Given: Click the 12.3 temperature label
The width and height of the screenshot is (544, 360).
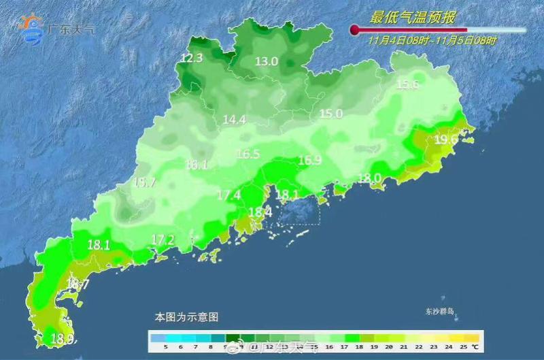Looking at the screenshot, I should pyautogui.click(x=192, y=59).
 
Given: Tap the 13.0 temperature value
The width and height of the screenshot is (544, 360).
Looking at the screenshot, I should pyautogui.click(x=267, y=61).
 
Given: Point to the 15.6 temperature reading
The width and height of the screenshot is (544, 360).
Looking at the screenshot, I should pyautogui.click(x=407, y=84).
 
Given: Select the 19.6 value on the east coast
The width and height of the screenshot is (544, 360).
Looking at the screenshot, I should pyautogui.click(x=446, y=140).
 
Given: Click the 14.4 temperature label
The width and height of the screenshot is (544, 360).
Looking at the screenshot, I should pyautogui.click(x=234, y=120).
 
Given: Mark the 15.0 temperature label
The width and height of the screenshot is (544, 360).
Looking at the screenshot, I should pyautogui.click(x=331, y=114).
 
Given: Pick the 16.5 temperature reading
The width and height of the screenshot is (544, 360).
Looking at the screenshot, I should pyautogui.click(x=248, y=154).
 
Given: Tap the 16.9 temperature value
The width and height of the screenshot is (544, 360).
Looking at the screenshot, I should pyautogui.click(x=309, y=161).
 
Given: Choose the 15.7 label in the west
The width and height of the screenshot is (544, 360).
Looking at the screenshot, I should pyautogui.click(x=144, y=182).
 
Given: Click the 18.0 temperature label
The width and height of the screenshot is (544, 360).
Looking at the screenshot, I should pyautogui.click(x=369, y=178).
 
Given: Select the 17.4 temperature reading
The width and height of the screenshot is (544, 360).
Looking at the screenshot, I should pyautogui.click(x=228, y=195).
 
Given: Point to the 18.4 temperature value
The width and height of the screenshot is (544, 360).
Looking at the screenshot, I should pyautogui.click(x=260, y=212).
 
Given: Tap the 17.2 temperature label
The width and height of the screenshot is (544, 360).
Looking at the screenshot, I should pyautogui.click(x=163, y=240).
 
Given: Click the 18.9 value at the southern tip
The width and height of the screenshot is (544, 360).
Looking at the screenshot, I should pyautogui.click(x=63, y=338).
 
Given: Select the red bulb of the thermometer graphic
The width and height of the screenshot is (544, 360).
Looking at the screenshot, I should pyautogui.click(x=354, y=29).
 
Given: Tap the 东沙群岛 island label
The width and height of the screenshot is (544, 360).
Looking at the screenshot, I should pyautogui.click(x=439, y=312).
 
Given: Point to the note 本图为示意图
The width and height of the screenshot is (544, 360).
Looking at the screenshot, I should pyautogui.click(x=187, y=317).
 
